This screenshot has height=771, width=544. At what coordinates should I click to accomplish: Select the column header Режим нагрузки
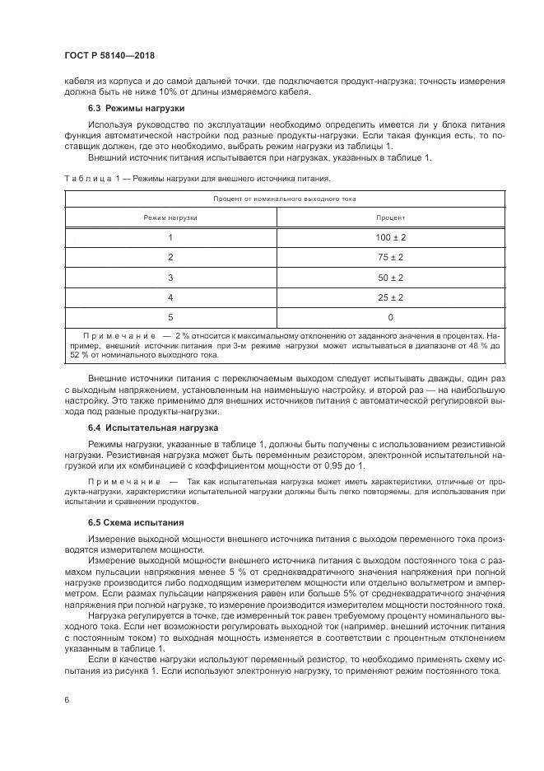coord(170,217)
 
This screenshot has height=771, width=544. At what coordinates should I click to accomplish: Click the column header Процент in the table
coord(390,217)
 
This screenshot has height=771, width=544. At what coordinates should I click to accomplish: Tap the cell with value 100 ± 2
coord(390,237)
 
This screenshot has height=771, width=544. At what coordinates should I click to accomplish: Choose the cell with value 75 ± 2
coord(390,257)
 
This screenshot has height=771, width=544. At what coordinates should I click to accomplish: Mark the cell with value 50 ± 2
coord(390,277)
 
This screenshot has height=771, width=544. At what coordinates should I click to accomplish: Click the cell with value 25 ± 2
coord(390,297)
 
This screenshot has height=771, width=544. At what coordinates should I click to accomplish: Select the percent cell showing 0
coord(390,317)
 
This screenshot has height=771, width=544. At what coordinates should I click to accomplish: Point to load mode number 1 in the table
coord(170,237)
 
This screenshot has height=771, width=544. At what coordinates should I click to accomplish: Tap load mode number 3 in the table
coord(170,277)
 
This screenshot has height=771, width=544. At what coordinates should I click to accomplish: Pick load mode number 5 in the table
coord(170,317)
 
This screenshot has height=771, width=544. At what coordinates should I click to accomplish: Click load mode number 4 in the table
coord(170,297)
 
